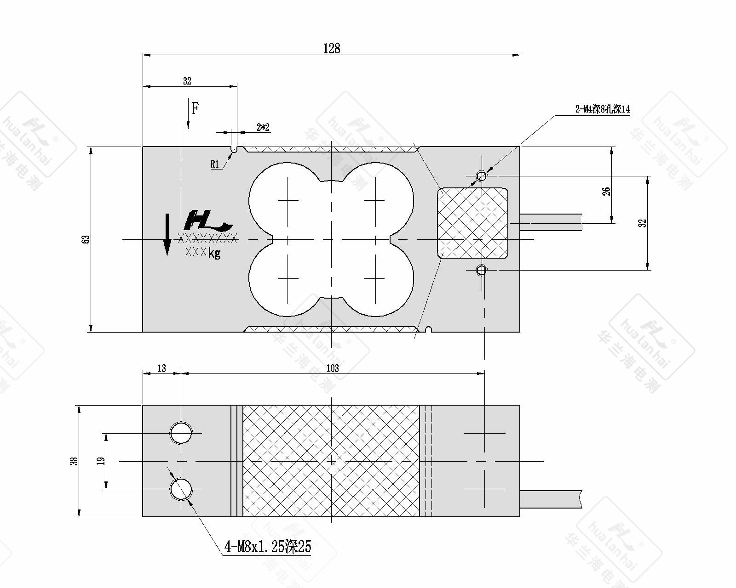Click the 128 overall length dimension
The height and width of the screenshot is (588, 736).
click(x=331, y=48)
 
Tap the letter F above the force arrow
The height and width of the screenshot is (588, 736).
click(x=195, y=108)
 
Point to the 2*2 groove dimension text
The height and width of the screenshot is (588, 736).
click(x=263, y=127)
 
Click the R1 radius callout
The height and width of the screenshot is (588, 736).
click(x=214, y=164)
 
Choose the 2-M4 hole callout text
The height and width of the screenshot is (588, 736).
click(x=602, y=109)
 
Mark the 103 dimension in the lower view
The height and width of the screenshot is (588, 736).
click(x=333, y=368)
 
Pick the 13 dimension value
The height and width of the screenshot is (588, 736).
click(x=162, y=368)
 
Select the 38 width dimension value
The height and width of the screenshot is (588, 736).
click(x=74, y=461)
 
